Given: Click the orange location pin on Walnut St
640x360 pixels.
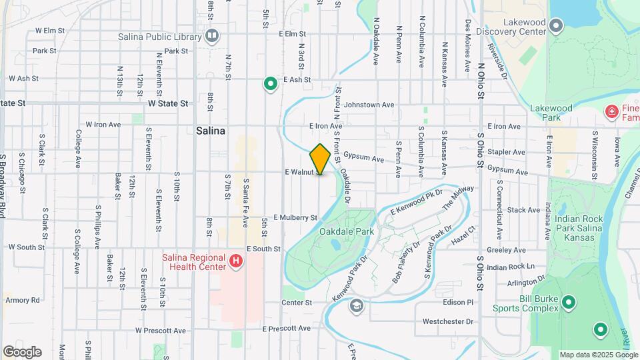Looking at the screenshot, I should click(320, 159).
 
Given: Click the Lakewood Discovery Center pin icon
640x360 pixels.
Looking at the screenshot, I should click(557, 26).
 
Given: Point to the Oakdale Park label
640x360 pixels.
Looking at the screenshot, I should click(347, 231).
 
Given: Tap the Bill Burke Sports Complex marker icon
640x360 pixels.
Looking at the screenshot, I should click(568, 303).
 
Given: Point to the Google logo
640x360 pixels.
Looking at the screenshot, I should click(22, 351).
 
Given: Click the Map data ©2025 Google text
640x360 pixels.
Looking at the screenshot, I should click(597, 355).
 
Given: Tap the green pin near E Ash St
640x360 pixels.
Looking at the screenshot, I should click(270, 84).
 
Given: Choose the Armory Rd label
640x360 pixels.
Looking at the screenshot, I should click(23, 300).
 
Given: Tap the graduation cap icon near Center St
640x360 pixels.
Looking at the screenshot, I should click(357, 305).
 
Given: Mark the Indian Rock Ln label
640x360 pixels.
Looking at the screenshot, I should click(511, 267).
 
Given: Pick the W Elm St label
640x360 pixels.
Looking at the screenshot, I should click(49, 31).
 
